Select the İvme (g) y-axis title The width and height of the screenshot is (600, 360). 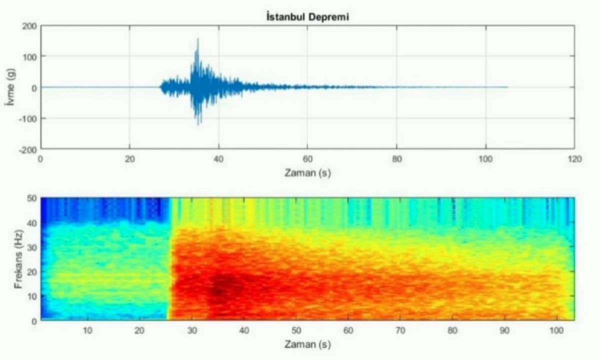(x=11, y=87)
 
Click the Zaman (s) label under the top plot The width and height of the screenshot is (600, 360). (x=307, y=172)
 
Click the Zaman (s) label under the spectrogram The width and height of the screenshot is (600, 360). (x=307, y=344)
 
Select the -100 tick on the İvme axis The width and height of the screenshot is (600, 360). (x=28, y=118)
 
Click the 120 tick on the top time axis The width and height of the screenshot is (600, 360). (x=574, y=158)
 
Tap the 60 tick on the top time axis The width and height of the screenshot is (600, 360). (x=307, y=158)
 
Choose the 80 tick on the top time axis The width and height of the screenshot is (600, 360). (x=396, y=158)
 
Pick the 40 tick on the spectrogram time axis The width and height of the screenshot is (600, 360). (x=244, y=330)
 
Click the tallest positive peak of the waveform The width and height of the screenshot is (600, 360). (x=198, y=39)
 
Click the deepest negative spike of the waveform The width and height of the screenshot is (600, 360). (x=198, y=124)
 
